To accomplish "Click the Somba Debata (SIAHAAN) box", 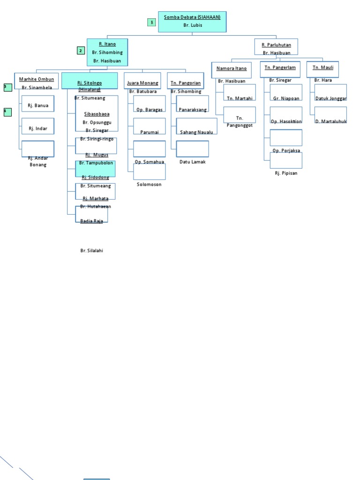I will [x=192, y=22].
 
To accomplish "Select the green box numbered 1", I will [x=151, y=22].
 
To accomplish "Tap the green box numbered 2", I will [x=81, y=51].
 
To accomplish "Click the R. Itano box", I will [x=107, y=52].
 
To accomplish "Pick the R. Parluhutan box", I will [x=276, y=47].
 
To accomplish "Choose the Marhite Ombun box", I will [x=37, y=81].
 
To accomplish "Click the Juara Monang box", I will [x=142, y=81].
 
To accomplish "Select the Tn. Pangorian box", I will [x=185, y=81].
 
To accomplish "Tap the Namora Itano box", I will [x=231, y=69].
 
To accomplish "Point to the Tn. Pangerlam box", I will [x=280, y=69].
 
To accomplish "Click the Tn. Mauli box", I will [x=323, y=69].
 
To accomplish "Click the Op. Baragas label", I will [x=150, y=110].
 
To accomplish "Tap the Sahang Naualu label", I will [x=196, y=132].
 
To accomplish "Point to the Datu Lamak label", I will [x=193, y=162].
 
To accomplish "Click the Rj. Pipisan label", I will [x=286, y=173].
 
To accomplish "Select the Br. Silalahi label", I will [x=91, y=251].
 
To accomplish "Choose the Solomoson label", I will [x=149, y=184].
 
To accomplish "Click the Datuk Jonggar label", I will [x=331, y=98].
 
